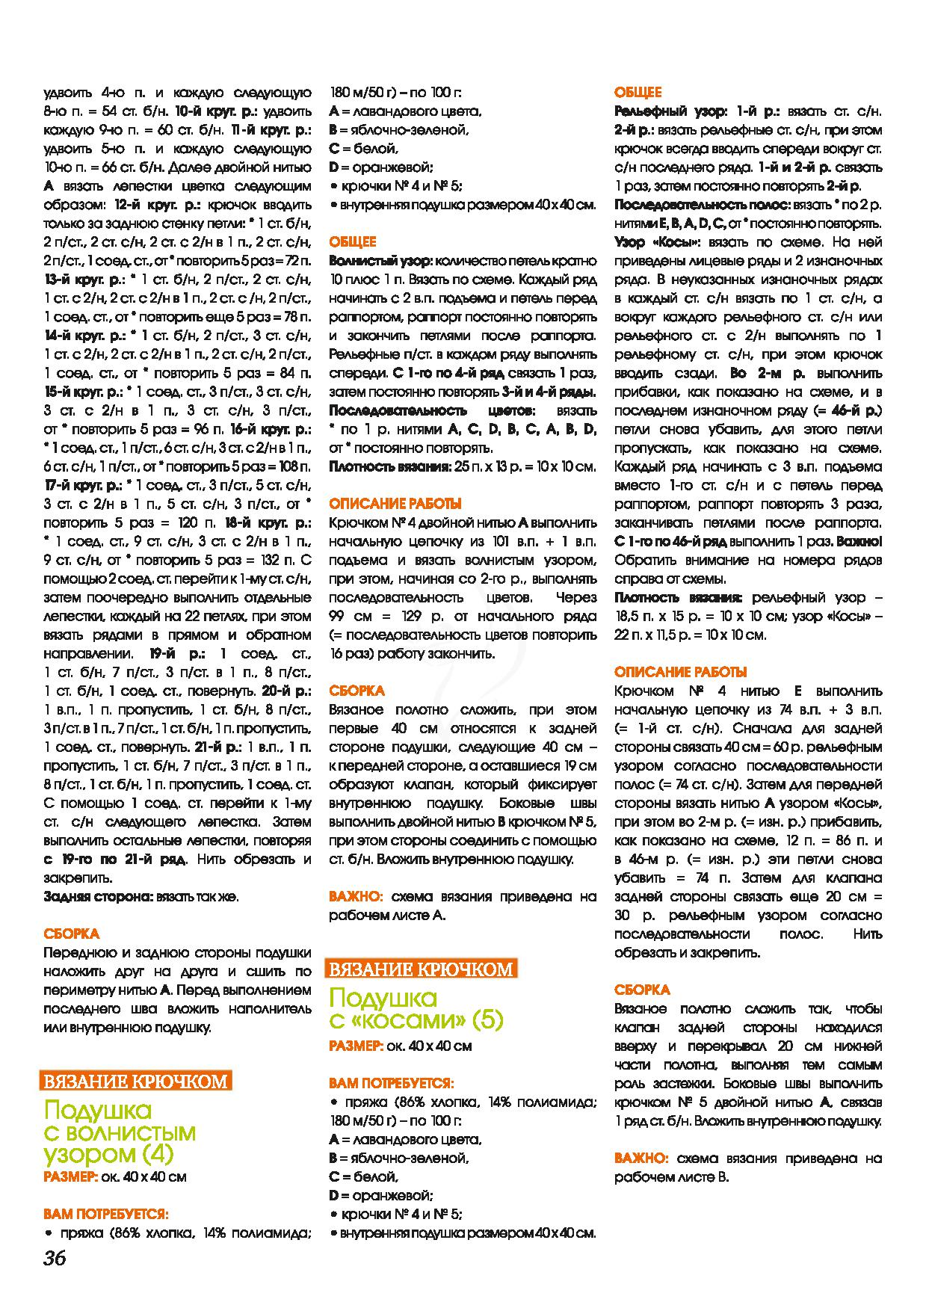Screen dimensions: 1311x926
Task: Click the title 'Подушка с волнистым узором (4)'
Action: pos(120,1132)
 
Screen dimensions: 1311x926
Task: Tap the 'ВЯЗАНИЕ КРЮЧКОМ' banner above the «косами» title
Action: pos(422,969)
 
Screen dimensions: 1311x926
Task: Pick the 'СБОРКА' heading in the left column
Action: pos(71,934)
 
